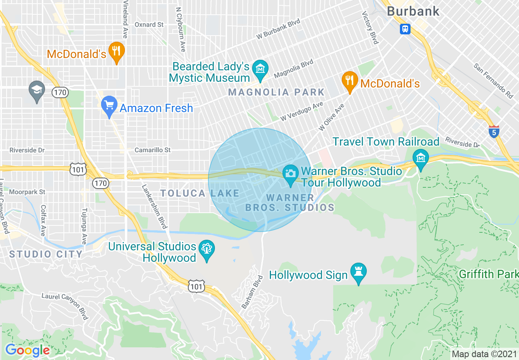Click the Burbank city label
pyautogui.click(x=413, y=11)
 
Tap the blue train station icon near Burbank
pyautogui.click(x=405, y=29)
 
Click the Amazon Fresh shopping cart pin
pyautogui.click(x=109, y=106)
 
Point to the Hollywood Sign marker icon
pyautogui.click(x=359, y=272)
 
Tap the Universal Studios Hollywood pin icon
pyautogui.click(x=207, y=250)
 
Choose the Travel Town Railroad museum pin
pyautogui.click(x=420, y=158)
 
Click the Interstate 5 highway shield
pyautogui.click(x=494, y=132)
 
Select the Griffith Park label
pyautogui.click(x=489, y=274)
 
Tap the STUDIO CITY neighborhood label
pyautogui.click(x=46, y=254)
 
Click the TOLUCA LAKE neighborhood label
pyautogui.click(x=200, y=193)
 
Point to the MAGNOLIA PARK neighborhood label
pyautogui.click(x=276, y=92)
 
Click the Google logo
pyautogui.click(x=27, y=350)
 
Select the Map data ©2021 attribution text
pyautogui.click(x=484, y=353)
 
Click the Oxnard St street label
pyautogui.click(x=149, y=25)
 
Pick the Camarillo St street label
pyautogui.click(x=153, y=150)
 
